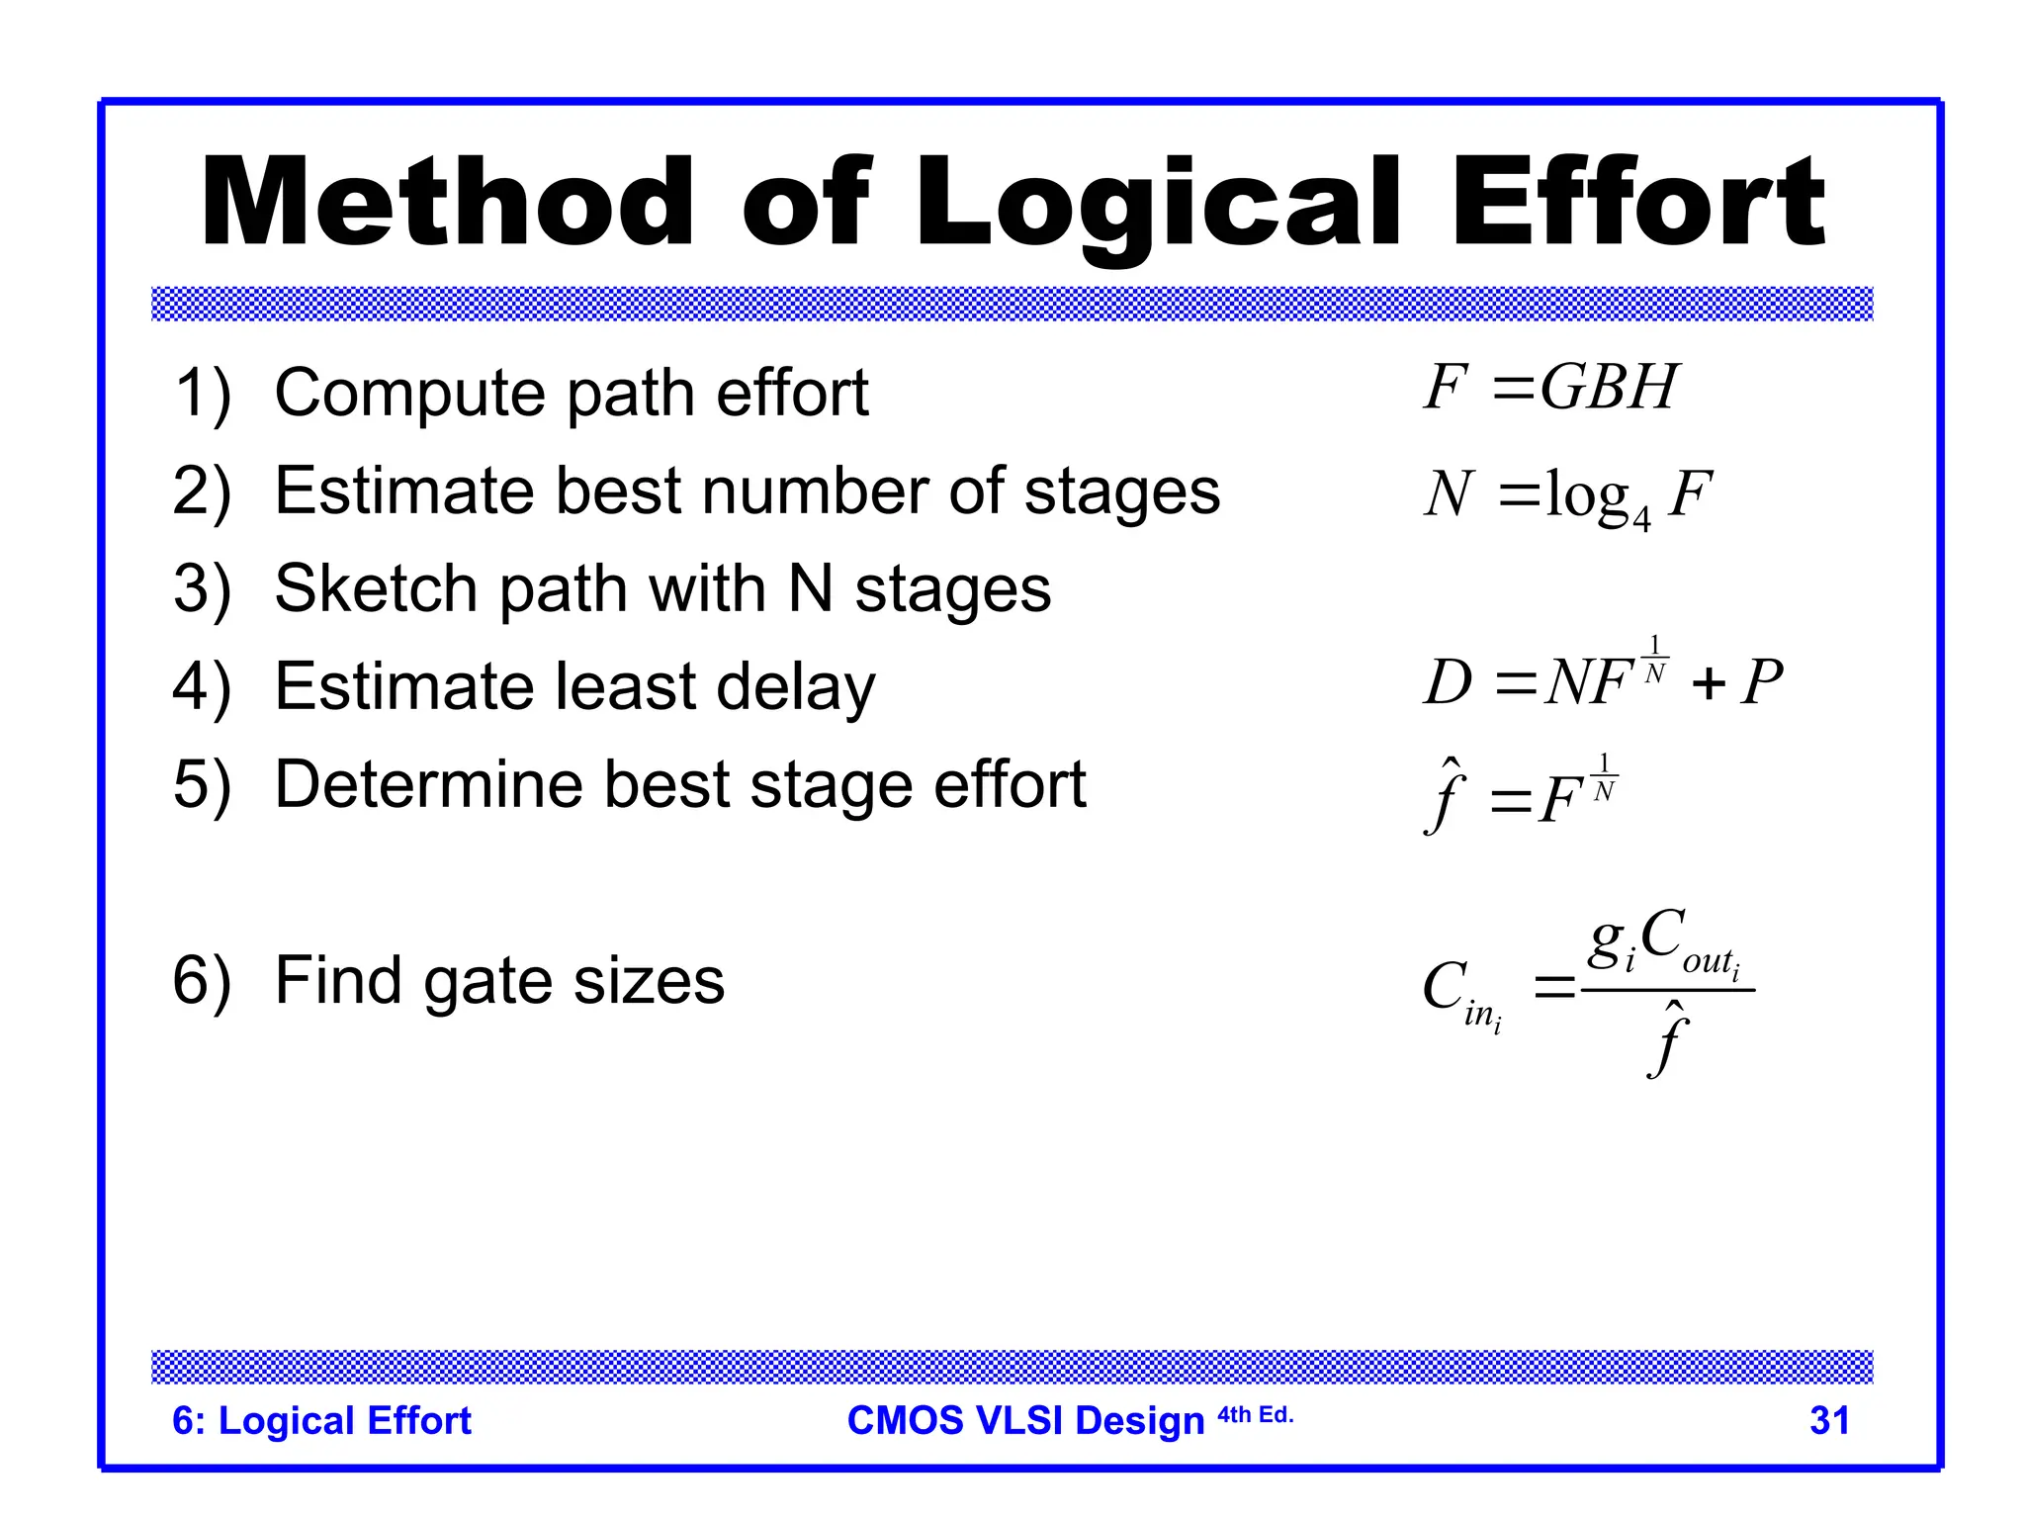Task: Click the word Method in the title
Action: point(447,203)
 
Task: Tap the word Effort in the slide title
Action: point(1637,203)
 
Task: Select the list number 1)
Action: point(203,393)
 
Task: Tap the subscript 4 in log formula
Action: point(1641,519)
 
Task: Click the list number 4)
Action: point(203,686)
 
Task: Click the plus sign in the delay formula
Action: point(1708,683)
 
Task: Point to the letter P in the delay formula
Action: point(1761,682)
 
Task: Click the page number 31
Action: point(1829,1420)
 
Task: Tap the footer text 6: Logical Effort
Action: point(321,1420)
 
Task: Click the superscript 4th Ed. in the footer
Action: point(1255,1414)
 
